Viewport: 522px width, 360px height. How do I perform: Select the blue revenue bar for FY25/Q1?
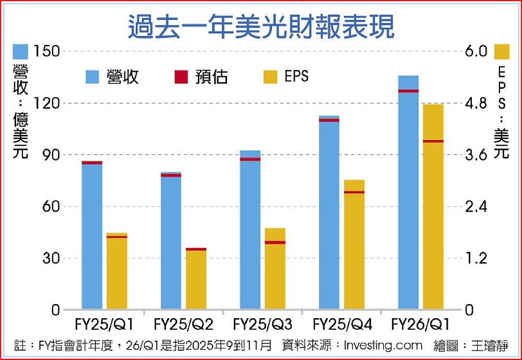[92, 235]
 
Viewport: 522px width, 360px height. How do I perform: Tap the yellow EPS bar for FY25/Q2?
[196, 280]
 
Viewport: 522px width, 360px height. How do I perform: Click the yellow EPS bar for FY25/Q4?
[354, 246]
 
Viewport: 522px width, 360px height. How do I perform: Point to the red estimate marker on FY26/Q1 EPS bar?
[433, 141]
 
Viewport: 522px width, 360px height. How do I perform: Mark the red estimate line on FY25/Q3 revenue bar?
[250, 159]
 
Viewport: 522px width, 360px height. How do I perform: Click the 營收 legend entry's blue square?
[92, 77]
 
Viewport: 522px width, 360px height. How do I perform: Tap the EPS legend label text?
[296, 77]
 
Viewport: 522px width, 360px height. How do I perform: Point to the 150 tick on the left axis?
[46, 51]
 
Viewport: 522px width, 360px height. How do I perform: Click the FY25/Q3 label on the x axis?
[263, 325]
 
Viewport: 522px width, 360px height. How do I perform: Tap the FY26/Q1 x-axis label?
[421, 325]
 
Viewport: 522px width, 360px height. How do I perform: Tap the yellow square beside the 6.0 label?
[502, 51]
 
